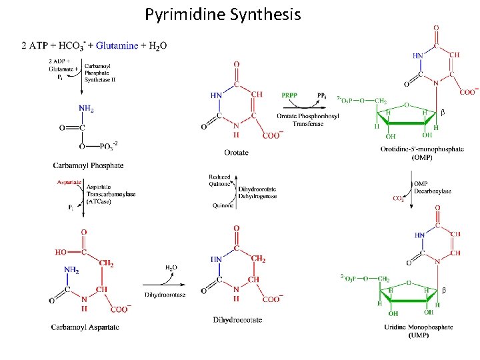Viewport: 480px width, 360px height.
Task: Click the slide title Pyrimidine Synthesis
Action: click(x=223, y=14)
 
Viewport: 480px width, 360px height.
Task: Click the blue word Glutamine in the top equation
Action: click(x=117, y=45)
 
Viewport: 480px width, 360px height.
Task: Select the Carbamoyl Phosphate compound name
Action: click(x=88, y=165)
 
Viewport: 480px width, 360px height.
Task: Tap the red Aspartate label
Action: click(x=69, y=181)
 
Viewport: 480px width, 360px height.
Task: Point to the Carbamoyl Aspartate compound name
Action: click(x=85, y=327)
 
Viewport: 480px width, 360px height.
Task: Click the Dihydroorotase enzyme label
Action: click(x=165, y=295)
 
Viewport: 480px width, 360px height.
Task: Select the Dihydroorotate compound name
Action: click(x=237, y=320)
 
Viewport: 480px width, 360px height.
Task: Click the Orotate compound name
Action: click(x=237, y=152)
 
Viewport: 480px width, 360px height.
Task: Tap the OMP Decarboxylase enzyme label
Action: click(x=433, y=187)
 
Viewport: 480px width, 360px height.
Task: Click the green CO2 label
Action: click(x=399, y=198)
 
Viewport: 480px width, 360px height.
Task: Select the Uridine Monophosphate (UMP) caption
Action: click(x=419, y=331)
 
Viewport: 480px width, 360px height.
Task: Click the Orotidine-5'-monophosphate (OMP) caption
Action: click(x=422, y=153)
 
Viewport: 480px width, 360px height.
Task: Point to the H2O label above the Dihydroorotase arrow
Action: click(x=171, y=267)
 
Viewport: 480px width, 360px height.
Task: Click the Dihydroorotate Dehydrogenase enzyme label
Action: click(x=257, y=193)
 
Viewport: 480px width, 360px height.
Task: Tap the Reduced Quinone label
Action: click(x=220, y=180)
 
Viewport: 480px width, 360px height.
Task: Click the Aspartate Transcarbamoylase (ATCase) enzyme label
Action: click(x=111, y=194)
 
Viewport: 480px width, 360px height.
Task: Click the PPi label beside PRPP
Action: click(x=321, y=97)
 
